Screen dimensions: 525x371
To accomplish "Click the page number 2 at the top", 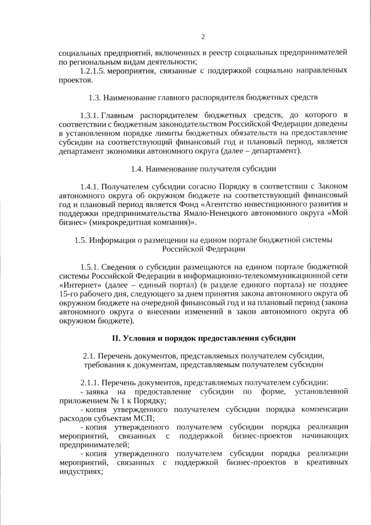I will [x=203, y=38].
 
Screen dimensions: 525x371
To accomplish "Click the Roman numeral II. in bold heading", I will [x=118, y=338].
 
